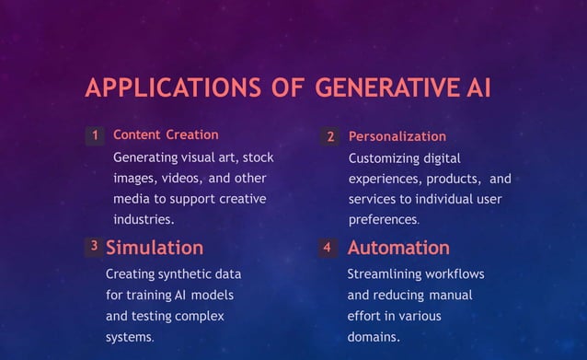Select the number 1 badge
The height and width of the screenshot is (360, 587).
[95, 135]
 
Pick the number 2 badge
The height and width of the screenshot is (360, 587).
[331, 136]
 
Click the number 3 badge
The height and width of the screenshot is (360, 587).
[94, 247]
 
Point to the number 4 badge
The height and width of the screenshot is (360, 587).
[327, 248]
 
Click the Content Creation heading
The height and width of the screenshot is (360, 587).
[166, 135]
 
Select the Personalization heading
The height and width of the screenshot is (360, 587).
[397, 136]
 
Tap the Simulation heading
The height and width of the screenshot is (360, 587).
[155, 248]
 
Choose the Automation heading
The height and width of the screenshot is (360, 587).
[398, 248]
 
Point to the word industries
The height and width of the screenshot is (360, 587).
[142, 220]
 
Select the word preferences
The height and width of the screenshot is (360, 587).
[383, 220]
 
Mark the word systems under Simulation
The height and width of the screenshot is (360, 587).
[129, 337]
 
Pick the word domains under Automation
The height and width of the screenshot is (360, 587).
[373, 337]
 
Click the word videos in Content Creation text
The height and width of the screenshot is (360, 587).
[181, 179]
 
